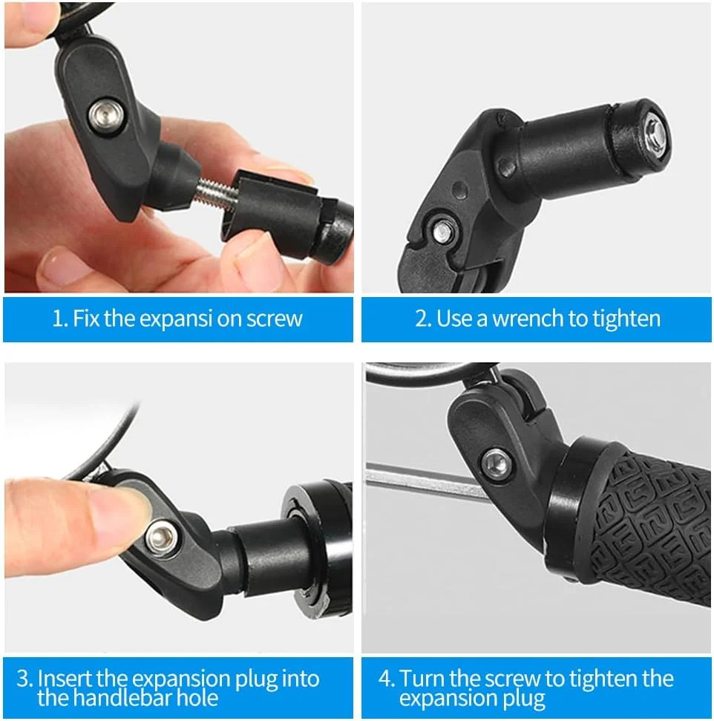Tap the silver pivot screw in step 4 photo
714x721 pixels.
pos(496,463)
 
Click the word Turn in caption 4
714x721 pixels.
pos(422,678)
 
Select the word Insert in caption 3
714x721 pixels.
pos(64,678)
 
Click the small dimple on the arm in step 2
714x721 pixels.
pos(459,189)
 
